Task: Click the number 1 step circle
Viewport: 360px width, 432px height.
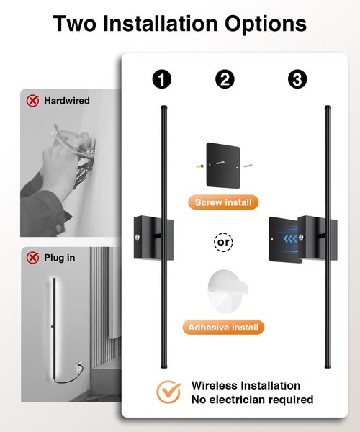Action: pos(162,79)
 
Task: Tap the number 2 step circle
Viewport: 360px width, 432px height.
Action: pos(225,79)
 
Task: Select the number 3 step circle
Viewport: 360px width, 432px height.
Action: pos(297,79)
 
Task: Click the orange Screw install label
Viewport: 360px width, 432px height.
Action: pos(223,202)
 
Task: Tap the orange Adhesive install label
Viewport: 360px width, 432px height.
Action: pos(223,328)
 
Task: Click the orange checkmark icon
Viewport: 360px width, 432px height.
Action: pos(169,392)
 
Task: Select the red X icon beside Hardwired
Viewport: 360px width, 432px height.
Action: pos(33,101)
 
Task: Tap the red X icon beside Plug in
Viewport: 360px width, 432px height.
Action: pos(33,258)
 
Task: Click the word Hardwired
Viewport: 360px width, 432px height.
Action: pos(67,101)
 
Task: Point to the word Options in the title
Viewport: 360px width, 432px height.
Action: pos(265,24)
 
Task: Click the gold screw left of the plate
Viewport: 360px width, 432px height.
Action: pos(200,166)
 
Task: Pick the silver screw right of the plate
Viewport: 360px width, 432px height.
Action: pos(248,166)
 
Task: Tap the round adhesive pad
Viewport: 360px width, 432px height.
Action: pos(228,291)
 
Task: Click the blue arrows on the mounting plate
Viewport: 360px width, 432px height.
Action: pos(291,238)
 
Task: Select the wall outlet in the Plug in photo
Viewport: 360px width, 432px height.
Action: pos(78,366)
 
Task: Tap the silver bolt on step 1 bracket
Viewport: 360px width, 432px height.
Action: pos(138,237)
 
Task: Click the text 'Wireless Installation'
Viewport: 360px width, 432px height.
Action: pos(246,385)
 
